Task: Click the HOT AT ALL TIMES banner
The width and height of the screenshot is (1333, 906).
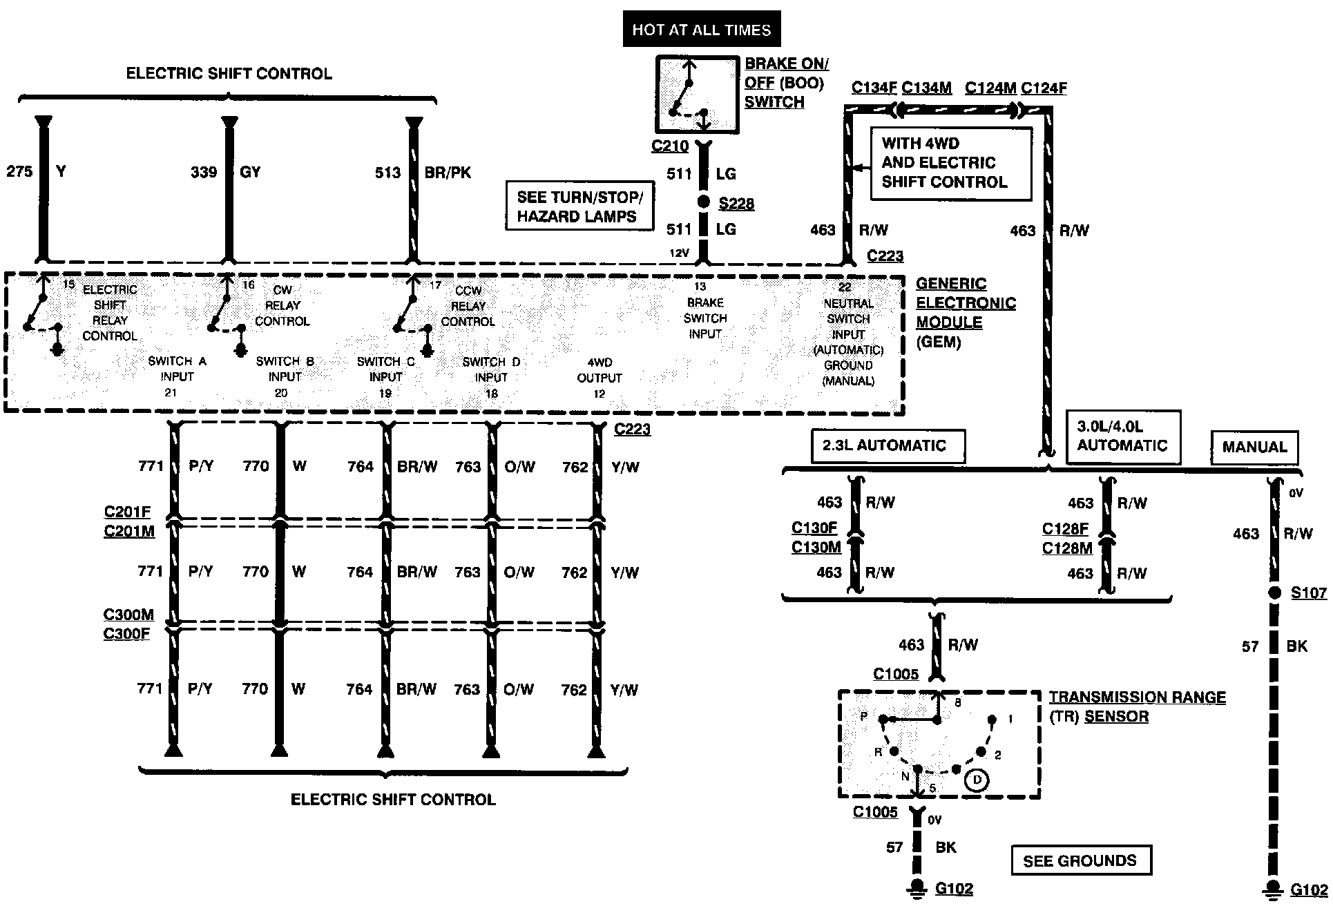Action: pos(701,29)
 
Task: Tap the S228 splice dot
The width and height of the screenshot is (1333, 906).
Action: pos(703,202)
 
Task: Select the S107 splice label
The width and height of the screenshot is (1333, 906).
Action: pos(1309,592)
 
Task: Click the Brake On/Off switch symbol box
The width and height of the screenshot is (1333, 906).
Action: pos(697,95)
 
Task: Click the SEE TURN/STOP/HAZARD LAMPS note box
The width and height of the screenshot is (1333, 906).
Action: pos(579,206)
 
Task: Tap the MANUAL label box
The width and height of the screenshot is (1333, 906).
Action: pos(1254,447)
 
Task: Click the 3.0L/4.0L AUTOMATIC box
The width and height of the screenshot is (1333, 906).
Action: pos(1122,436)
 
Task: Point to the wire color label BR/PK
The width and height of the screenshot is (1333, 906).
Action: pos(448,172)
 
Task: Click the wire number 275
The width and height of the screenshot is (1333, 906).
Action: pos(19,171)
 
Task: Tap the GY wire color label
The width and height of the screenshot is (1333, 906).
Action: pos(250,172)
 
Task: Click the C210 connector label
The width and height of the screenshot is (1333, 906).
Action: pos(670,146)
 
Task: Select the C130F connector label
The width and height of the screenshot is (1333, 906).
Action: pos(814,528)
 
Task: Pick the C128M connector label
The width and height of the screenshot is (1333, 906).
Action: pos(1067,548)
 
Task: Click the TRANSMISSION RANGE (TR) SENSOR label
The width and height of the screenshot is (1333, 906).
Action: pos(1137,706)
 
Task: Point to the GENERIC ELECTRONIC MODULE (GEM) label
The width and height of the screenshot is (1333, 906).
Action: pos(966,312)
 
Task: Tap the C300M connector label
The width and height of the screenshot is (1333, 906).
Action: pos(128,615)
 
